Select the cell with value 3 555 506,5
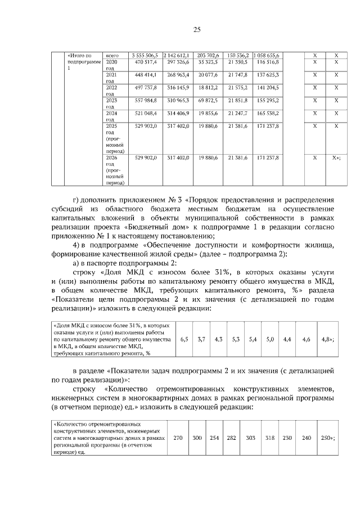coord(145,55)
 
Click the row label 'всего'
coord(111,55)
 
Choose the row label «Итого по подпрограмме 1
coord(83,61)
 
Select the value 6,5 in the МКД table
coord(184,340)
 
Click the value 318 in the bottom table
coord(269,438)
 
